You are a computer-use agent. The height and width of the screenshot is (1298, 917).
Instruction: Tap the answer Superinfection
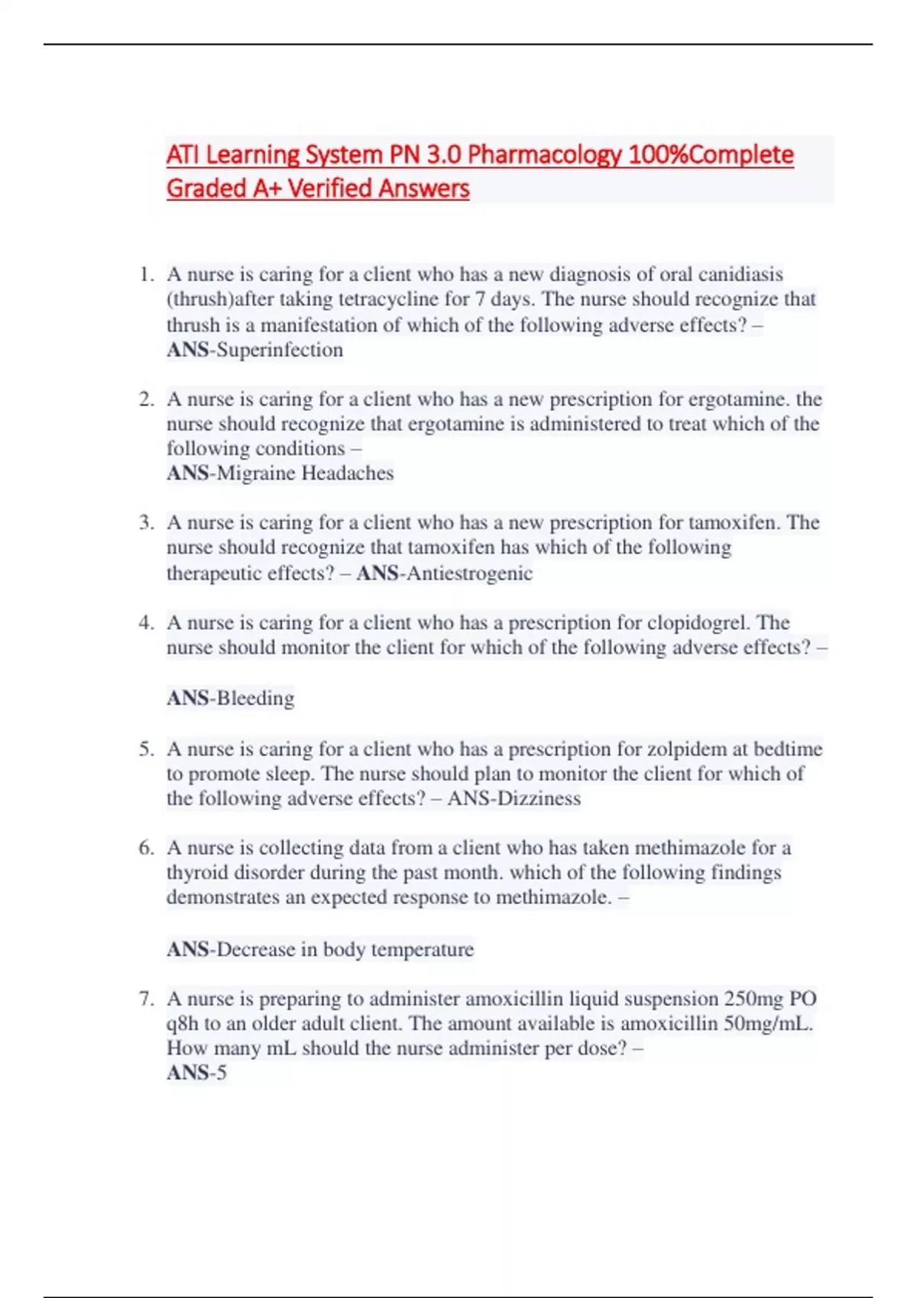(280, 350)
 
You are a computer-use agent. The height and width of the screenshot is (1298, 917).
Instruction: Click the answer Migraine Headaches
(305, 473)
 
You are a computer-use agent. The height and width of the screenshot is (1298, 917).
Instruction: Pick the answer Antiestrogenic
(469, 573)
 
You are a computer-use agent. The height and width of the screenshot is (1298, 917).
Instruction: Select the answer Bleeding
(255, 698)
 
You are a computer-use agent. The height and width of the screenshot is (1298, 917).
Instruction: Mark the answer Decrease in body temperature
(345, 949)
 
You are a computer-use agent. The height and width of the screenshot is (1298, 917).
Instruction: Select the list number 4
(146, 623)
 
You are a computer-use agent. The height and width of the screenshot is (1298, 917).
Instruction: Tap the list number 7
(146, 999)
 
